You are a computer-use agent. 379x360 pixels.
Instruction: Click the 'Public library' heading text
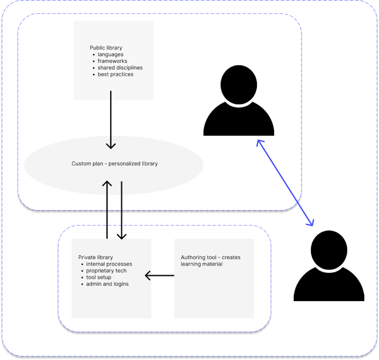(106, 48)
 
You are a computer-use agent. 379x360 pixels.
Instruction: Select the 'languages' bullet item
(111, 54)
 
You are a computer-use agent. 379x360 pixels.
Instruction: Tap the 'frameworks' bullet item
(112, 61)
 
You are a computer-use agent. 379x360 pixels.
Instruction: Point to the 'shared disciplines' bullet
(120, 68)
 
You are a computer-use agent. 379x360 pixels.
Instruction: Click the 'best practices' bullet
(115, 74)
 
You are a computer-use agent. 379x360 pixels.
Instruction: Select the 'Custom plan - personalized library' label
(114, 164)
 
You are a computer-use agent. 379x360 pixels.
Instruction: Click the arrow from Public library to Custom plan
(111, 119)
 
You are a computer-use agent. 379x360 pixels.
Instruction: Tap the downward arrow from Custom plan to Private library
(121, 211)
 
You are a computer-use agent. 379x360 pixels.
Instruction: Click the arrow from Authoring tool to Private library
(160, 275)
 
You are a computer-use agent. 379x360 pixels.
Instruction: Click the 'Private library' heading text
(95, 257)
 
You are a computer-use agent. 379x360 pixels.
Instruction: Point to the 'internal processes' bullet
(109, 264)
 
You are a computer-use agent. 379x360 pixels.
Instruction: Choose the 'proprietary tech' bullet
(106, 271)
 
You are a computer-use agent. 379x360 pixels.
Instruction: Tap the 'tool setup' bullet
(99, 277)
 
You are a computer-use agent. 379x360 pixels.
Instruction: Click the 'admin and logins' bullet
(107, 284)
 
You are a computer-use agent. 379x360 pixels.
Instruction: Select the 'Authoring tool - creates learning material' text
(211, 260)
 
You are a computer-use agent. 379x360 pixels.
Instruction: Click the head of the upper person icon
(239, 85)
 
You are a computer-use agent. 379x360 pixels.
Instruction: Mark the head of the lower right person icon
(329, 250)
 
